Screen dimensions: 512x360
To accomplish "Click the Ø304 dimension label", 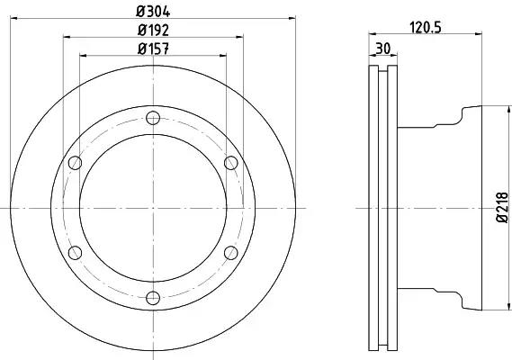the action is point(153,12).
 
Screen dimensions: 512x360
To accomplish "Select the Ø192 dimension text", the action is point(153,31).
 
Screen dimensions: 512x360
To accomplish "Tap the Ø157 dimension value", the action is point(153,49).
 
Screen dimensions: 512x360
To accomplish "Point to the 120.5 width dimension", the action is point(426,28).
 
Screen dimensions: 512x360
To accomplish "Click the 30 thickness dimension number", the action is point(383,49).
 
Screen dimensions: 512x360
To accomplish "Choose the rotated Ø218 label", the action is point(502,207).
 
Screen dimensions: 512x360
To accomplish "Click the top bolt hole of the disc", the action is point(153,118).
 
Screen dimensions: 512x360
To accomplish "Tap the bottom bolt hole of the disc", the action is point(153,298).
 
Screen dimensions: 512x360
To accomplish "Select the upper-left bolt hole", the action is point(75,163).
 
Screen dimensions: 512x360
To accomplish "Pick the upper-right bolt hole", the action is point(231,163).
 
